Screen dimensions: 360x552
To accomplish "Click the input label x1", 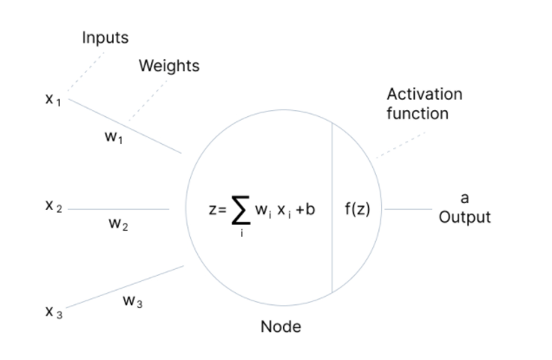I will (53, 100).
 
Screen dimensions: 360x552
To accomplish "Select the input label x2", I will (53, 209).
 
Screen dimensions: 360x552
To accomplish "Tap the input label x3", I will (53, 311).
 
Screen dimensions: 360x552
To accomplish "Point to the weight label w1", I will (114, 140).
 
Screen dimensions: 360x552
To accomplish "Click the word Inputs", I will (106, 37).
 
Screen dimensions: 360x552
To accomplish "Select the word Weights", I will (168, 66).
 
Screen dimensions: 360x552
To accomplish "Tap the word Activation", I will (424, 94).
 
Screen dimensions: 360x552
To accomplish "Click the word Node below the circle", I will (280, 327).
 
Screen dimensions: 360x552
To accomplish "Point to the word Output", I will (464, 217).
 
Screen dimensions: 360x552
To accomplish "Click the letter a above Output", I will (464, 198).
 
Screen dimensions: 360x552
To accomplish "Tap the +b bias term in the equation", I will (304, 210).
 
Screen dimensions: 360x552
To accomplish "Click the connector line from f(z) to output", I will (408, 209).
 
